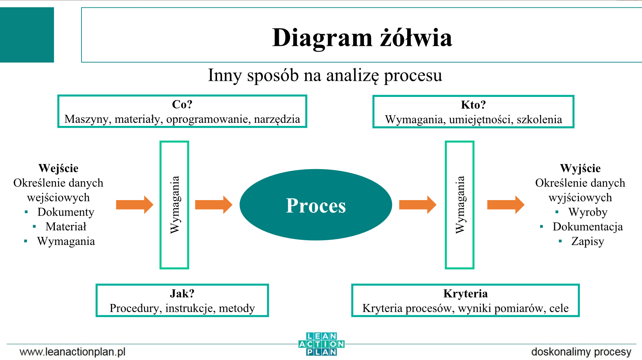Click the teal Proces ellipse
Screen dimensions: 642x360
click(316, 205)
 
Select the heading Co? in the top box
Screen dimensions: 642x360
click(182, 104)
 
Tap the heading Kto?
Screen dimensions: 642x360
click(473, 105)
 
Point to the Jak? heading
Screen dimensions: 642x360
click(182, 294)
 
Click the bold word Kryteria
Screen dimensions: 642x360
click(465, 294)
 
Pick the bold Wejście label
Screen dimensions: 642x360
click(58, 168)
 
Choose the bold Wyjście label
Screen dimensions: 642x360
click(580, 168)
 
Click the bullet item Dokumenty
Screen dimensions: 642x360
click(66, 212)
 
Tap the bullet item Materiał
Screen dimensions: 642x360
click(66, 227)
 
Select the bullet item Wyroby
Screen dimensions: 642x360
click(588, 212)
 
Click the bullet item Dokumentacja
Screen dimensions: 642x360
click(588, 227)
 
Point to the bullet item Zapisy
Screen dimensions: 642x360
click(588, 241)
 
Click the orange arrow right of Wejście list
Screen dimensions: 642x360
click(135, 205)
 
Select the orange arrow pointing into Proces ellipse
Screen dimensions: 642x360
click(214, 205)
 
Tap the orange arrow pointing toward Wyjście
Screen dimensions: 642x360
click(506, 205)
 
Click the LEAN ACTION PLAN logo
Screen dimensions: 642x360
click(321, 344)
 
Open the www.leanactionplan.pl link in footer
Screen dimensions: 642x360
click(73, 352)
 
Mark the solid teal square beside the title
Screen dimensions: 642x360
click(27, 35)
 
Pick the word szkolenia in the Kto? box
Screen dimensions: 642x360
click(539, 119)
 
